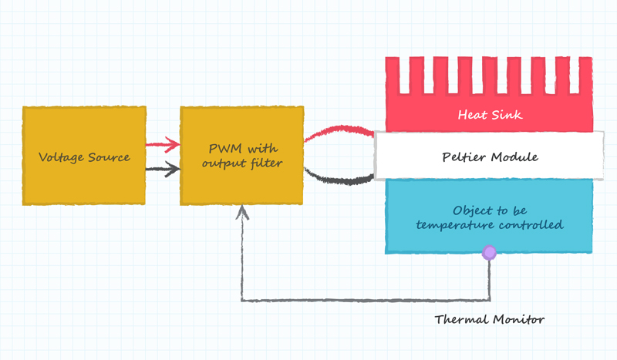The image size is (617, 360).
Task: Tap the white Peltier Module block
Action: tap(489, 156)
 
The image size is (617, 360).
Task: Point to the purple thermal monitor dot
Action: tap(489, 252)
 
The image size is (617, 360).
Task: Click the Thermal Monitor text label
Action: tap(489, 319)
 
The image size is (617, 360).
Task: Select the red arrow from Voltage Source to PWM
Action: tap(163, 144)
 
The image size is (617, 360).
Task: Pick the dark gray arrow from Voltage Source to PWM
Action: tap(163, 170)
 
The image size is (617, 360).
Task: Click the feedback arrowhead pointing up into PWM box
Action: tap(242, 211)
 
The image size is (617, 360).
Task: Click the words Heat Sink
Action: tap(490, 115)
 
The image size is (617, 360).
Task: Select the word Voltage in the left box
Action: tap(60, 157)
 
